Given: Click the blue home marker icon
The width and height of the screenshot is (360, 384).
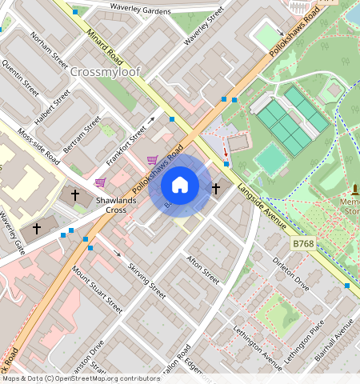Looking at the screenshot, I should pyautogui.click(x=180, y=186).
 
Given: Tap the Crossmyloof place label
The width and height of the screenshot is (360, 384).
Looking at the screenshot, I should pyautogui.click(x=105, y=72).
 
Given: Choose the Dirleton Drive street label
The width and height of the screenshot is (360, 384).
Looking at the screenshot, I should pyautogui.click(x=290, y=272).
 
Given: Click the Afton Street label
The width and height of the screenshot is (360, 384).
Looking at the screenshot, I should pyautogui.click(x=202, y=270).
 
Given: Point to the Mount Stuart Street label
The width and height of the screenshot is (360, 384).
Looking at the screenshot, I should pyautogui.click(x=98, y=290).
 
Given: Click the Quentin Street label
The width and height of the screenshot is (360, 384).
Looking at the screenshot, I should pyautogui.click(x=20, y=76).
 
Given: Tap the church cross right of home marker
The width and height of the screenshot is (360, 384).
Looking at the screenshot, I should pyautogui.click(x=215, y=189).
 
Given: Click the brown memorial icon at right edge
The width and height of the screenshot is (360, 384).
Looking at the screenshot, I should pyautogui.click(x=354, y=190).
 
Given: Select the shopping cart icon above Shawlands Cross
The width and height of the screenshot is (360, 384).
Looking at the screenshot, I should pyautogui.click(x=101, y=182).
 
